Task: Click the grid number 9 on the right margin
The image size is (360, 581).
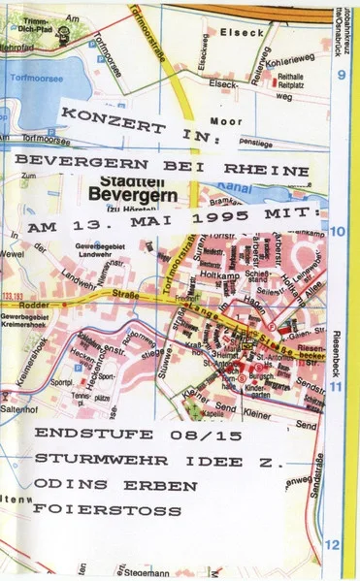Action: coord(342,76)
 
